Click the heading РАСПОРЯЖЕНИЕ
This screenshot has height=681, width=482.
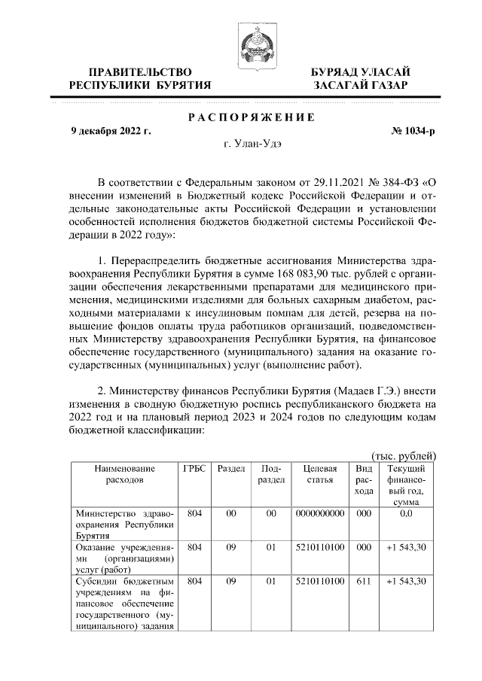point(251,117)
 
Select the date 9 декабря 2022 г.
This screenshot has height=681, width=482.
point(111,131)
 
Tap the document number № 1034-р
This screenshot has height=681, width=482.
point(413,131)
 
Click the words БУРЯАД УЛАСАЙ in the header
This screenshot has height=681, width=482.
point(361,71)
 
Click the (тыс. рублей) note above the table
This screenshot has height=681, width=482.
point(405,455)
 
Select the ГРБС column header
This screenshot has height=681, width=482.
point(194,468)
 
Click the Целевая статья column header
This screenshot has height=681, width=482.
point(319,474)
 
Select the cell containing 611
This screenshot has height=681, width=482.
point(364,581)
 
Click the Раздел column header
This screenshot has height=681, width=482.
point(231,468)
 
